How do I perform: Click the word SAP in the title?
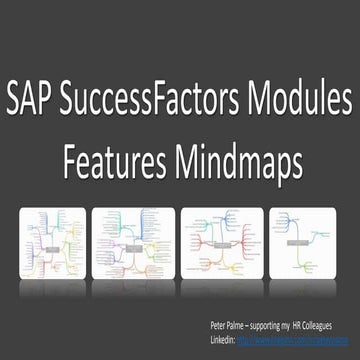point(37,102)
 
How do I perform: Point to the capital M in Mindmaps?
point(179,158)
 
